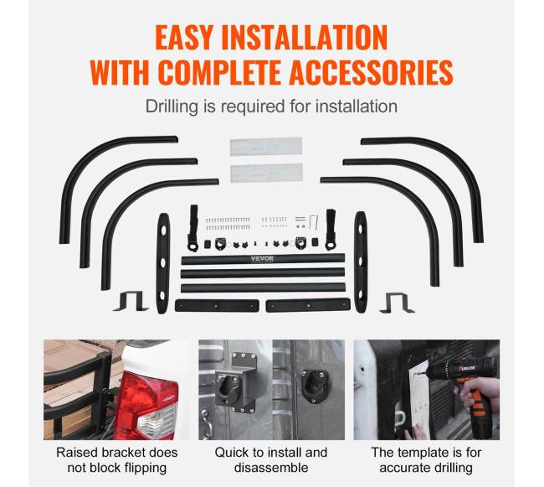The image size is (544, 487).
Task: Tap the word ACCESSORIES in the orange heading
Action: point(372,73)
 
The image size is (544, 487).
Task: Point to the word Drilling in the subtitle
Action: point(172,106)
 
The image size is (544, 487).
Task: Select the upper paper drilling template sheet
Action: point(266,147)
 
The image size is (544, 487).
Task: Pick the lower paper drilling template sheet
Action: point(266,173)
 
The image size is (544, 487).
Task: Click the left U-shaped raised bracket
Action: point(131,301)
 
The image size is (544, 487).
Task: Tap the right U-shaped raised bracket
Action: point(398,303)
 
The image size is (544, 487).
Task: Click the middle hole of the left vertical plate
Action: point(162,262)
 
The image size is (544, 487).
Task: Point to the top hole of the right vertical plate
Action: point(361,228)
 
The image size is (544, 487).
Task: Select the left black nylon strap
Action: point(193,228)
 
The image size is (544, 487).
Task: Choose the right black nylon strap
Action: point(331,230)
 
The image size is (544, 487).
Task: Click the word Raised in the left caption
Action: point(77,453)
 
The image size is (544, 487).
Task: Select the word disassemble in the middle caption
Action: point(271,468)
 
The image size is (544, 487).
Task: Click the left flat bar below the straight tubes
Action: point(218,306)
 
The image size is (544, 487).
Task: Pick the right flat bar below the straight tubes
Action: point(308,305)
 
